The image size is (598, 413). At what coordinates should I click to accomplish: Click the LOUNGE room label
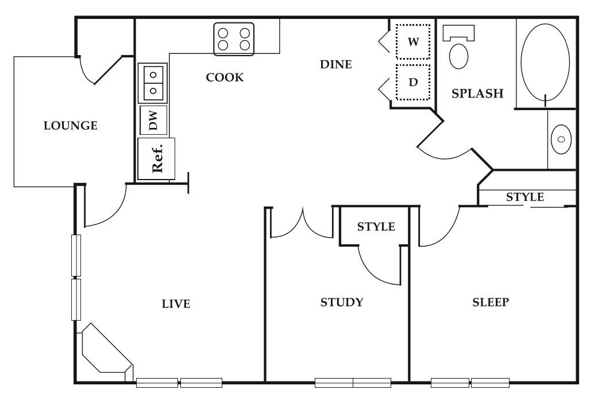click(x=71, y=126)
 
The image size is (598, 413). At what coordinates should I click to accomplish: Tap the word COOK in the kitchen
click(x=225, y=77)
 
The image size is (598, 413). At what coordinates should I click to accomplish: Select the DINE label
click(x=336, y=65)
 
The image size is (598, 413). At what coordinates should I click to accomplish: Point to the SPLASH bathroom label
click(x=477, y=93)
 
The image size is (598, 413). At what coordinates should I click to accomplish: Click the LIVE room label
click(x=176, y=304)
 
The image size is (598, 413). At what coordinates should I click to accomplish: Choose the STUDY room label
click(x=342, y=302)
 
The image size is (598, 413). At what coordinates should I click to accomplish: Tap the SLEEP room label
click(x=491, y=302)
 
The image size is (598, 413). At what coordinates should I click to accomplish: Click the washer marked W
click(x=412, y=42)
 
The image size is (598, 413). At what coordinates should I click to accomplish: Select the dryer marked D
click(x=412, y=82)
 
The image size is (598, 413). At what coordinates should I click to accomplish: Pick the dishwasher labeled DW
click(x=153, y=120)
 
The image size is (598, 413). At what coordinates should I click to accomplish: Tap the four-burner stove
click(x=234, y=39)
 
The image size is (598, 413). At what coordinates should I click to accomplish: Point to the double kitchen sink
click(x=153, y=83)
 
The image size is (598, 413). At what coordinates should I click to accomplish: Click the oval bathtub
click(x=545, y=62)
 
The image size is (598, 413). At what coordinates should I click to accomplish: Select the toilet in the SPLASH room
click(x=458, y=49)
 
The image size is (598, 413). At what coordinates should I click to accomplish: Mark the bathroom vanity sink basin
click(x=561, y=139)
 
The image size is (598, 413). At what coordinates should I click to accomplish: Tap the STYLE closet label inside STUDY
click(x=376, y=227)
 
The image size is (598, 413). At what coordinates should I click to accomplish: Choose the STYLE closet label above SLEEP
click(x=524, y=197)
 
